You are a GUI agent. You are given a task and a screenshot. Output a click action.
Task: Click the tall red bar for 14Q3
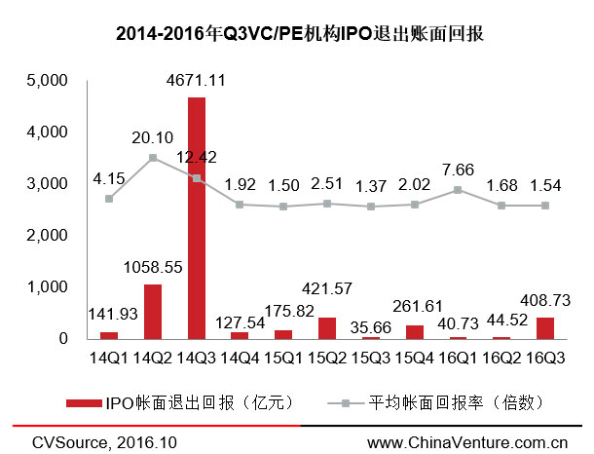click(197, 218)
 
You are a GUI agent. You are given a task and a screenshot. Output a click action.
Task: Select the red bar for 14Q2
click(153, 312)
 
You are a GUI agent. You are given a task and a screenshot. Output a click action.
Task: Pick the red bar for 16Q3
click(545, 328)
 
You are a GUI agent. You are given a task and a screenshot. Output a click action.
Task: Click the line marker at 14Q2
click(153, 157)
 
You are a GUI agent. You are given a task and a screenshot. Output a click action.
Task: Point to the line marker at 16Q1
click(459, 190)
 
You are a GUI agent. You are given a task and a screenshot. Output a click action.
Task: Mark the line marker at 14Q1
click(109, 199)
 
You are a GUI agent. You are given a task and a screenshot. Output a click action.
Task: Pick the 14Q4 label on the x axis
click(241, 359)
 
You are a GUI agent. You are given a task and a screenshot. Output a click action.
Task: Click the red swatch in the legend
click(90, 401)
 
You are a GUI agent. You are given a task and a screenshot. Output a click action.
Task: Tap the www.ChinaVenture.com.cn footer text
click(467, 443)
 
